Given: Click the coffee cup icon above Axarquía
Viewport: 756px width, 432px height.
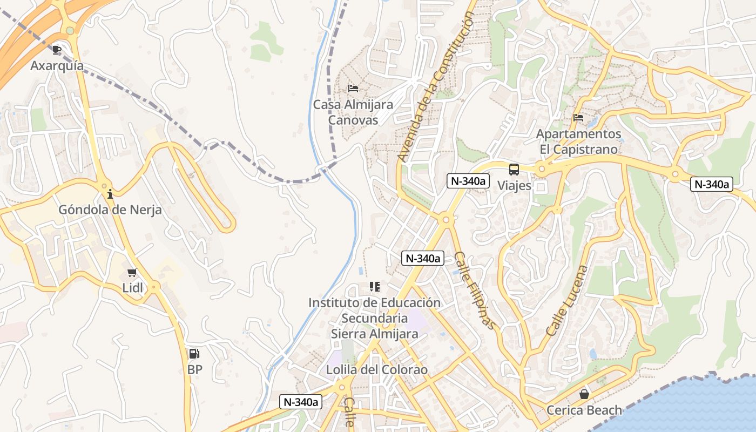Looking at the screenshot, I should point(57,50).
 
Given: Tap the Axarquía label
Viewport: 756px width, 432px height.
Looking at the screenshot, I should point(57,66).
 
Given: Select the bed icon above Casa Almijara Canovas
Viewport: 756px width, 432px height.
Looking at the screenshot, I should point(353,89).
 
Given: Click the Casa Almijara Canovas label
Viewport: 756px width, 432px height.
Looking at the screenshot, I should point(353,112).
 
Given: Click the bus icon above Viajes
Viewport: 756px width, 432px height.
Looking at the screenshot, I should point(514,170).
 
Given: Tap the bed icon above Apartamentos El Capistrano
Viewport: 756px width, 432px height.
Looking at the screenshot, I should point(578,118).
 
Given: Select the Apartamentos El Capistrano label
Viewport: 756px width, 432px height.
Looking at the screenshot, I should point(578,141).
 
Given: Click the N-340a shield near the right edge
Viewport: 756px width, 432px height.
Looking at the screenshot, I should point(712,184).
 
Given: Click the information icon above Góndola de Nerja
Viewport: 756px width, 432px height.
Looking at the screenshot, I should point(110,194).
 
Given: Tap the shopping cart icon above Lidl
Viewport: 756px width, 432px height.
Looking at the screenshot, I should point(132,273).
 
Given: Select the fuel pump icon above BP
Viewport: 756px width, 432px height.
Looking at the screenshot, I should point(194,354).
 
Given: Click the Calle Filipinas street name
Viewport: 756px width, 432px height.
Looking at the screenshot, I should point(475,291).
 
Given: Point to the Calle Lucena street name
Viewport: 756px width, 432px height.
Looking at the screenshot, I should point(566,300).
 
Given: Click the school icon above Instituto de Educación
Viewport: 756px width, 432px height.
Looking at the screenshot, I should point(374,287).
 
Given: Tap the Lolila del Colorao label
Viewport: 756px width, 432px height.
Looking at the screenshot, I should point(376,370).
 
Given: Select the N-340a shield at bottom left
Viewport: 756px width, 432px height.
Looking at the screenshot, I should point(301,402).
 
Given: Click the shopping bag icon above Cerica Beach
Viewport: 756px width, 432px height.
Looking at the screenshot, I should point(584,394).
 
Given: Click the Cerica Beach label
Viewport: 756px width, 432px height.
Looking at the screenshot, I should point(584,410).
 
